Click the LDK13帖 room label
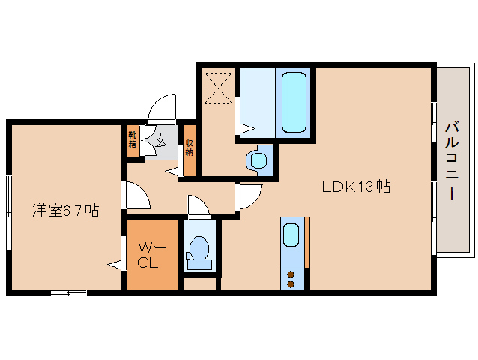356,187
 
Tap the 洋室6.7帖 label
65,210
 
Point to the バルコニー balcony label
452,160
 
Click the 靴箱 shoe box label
132,139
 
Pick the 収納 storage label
190,148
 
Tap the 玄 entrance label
162,141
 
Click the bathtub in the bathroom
294,102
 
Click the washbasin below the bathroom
258,160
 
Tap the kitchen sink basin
291,235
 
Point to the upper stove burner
291,274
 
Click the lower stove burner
291,284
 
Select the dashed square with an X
219,88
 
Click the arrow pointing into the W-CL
115,265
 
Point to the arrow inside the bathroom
247,128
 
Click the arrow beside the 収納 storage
172,172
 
